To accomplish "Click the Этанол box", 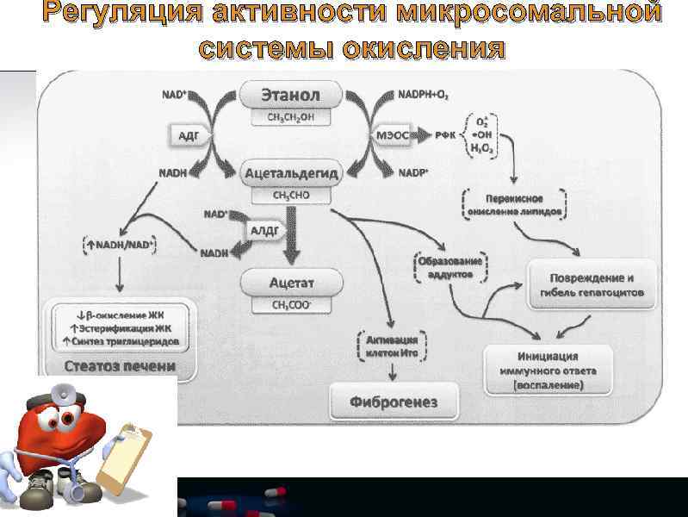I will point(292,93).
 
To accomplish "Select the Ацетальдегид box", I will point(292,174).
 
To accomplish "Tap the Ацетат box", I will point(292,282).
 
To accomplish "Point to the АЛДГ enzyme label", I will point(263,232).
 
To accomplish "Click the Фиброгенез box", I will point(394,402).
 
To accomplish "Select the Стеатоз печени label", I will point(121,365).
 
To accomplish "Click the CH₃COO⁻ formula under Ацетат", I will point(292,303).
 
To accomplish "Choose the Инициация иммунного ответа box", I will point(548,371).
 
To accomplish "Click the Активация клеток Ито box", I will point(393,346).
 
